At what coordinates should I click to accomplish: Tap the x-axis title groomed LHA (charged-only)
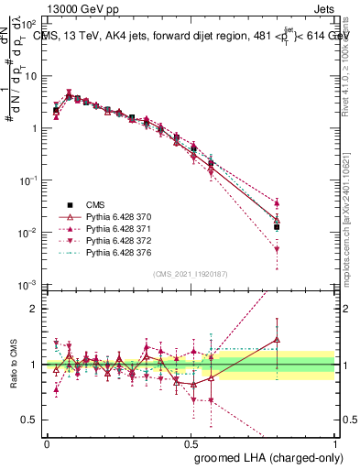(x=263, y=456)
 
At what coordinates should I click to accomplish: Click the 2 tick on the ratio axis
(x=34, y=309)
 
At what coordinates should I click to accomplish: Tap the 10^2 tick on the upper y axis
(x=28, y=23)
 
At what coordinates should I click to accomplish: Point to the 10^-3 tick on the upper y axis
(x=28, y=286)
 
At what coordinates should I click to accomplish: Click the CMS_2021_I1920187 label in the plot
(x=191, y=274)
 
